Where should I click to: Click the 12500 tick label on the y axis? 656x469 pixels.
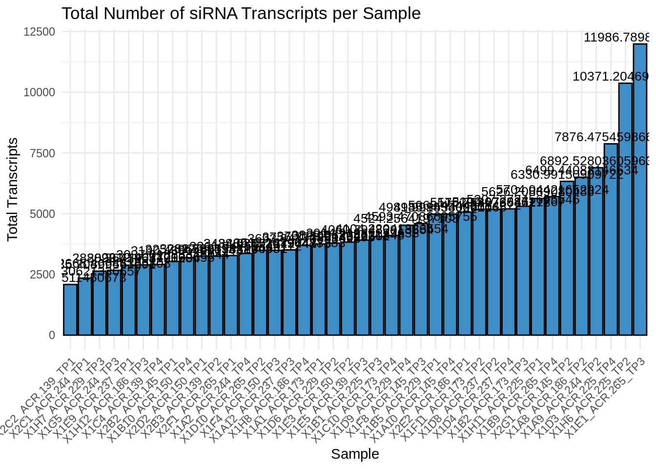coord(39,32)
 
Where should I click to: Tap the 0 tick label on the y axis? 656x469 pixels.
coord(52,335)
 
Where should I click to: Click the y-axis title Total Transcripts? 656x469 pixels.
coord(13,190)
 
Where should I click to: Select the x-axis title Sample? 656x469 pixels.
coord(355,454)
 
